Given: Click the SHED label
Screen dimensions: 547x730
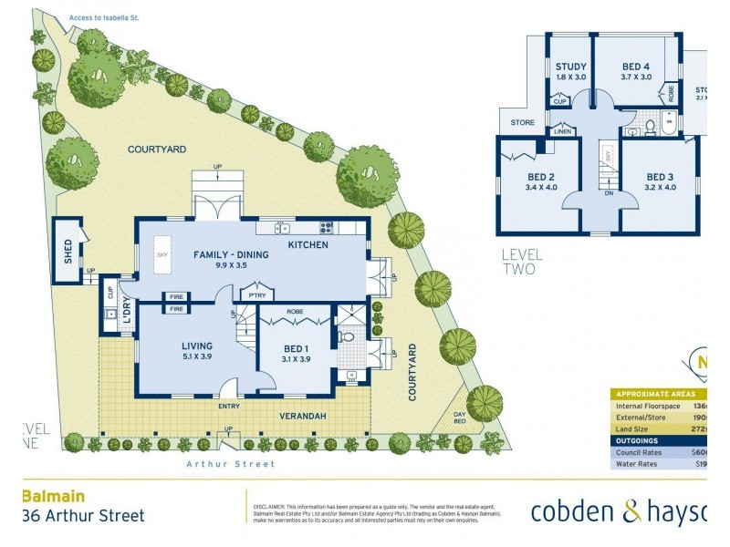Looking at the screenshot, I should pyautogui.click(x=68, y=250).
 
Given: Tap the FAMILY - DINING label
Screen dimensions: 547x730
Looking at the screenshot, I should pyautogui.click(x=230, y=254).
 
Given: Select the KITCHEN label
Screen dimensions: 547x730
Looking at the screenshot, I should pyautogui.click(x=308, y=245).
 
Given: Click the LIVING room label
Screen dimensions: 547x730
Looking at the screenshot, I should pyautogui.click(x=197, y=346).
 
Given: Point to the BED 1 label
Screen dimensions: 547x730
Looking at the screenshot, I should pyautogui.click(x=297, y=346).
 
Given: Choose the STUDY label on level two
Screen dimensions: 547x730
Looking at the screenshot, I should pyautogui.click(x=570, y=66).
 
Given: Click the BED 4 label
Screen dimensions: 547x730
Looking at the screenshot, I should pyautogui.click(x=636, y=66).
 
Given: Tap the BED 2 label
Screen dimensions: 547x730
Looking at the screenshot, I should pyautogui.click(x=541, y=176).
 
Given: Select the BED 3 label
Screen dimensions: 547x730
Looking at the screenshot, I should pyautogui.click(x=660, y=176).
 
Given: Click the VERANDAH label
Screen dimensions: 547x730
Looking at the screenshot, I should pyautogui.click(x=302, y=417).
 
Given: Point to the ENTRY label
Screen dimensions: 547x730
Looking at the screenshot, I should pyautogui.click(x=230, y=406).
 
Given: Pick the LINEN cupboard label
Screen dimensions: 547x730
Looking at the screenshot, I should pyautogui.click(x=563, y=132).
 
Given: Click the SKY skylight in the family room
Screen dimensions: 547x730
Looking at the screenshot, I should pyautogui.click(x=162, y=256).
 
